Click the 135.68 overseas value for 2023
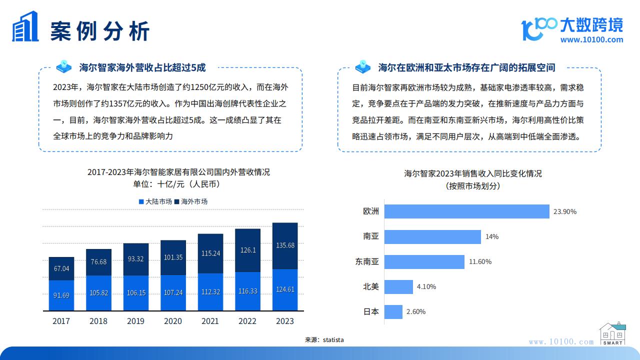[x=285, y=245]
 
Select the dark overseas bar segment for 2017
[x=61, y=269]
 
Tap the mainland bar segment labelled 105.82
[x=98, y=292]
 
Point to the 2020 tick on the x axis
[x=173, y=321]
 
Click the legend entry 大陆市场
[x=155, y=201]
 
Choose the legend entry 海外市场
[x=190, y=201]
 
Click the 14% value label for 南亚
[x=491, y=236]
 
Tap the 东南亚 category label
[x=367, y=261]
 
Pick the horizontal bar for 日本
[x=394, y=311]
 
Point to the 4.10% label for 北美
[x=426, y=286]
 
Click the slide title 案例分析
[x=100, y=31]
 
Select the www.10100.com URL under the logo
[x=591, y=40]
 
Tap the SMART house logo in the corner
[x=612, y=333]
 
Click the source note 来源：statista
[x=324, y=340]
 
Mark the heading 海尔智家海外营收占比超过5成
[x=142, y=67]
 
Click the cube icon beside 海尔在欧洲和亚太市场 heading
[x=362, y=66]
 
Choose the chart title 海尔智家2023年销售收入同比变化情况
[x=473, y=174]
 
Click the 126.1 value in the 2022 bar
[x=248, y=250]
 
